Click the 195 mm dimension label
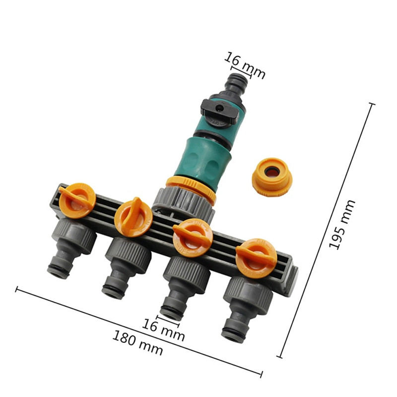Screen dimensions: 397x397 click(342, 224)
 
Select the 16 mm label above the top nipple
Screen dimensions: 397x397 click(245, 65)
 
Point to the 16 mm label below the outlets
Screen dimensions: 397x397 click(163, 330)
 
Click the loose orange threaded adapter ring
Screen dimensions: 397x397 click(272, 177)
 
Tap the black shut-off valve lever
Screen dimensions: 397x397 click(220, 111)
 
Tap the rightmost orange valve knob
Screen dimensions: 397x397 click(256, 258)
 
